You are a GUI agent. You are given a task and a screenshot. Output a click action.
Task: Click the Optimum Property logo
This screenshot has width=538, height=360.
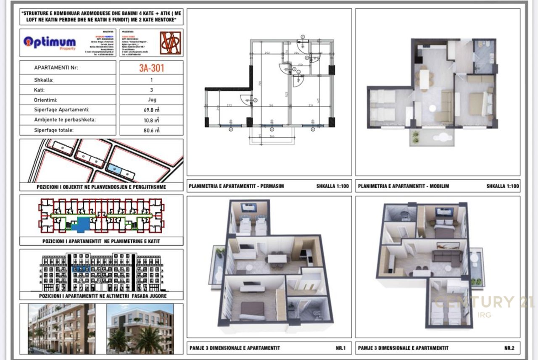coord(50,42)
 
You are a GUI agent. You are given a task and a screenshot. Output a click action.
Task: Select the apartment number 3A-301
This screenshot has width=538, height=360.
coord(151,68)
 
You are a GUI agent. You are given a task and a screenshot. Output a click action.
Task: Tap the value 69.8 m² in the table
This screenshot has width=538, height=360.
coord(151,110)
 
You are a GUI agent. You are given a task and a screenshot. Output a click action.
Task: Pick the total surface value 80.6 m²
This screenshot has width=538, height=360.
coord(151,130)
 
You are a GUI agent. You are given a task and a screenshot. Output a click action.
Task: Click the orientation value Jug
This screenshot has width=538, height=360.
coord(151,100)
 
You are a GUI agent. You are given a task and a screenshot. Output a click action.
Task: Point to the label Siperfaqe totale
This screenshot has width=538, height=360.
coord(54,130)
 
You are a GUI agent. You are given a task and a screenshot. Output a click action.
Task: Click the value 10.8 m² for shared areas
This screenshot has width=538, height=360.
coord(151,120)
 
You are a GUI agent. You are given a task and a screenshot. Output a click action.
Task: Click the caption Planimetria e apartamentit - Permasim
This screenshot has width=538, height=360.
coord(236,186)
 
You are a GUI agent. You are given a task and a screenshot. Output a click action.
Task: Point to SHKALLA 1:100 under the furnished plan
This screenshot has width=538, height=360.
coord(502,186)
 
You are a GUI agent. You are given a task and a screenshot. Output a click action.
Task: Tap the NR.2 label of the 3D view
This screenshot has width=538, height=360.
coord(509,348)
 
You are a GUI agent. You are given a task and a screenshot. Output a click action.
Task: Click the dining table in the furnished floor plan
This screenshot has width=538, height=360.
coord(425,79)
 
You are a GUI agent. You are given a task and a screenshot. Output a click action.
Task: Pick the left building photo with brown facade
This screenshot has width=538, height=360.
coord(62,328)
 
